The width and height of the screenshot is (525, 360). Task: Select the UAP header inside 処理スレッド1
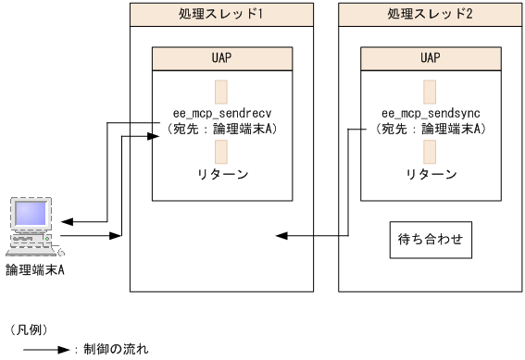pos(220,56)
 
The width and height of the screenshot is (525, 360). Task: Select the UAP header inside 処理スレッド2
pos(430,56)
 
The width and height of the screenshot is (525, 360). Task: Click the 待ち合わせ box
pos(430,239)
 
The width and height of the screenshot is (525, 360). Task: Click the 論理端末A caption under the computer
pos(34,269)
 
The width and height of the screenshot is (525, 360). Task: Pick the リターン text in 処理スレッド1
pos(220,174)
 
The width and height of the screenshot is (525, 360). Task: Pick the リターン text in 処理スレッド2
pos(430,174)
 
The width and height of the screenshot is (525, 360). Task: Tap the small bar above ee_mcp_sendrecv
pos(220,92)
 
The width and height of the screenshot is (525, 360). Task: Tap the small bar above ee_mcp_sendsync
pos(430,92)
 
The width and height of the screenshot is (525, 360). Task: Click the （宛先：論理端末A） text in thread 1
pos(220,129)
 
